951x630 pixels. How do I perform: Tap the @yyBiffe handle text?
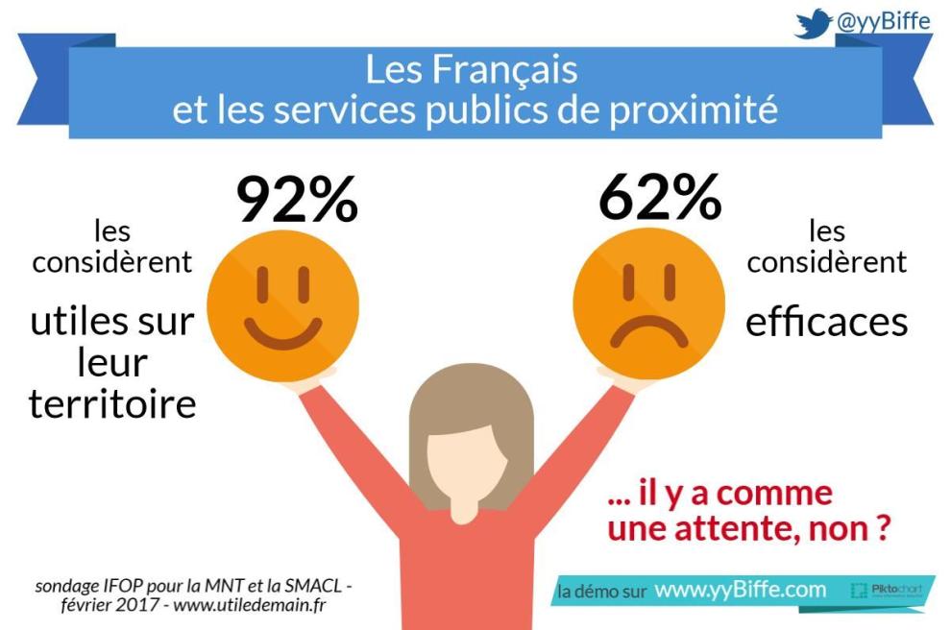tap(883, 21)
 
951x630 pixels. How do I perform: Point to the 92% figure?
tap(297, 200)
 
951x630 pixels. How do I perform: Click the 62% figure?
tap(659, 200)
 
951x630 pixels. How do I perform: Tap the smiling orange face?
tap(283, 305)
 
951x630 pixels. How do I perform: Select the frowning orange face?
tap(648, 305)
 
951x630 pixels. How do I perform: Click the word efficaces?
tap(827, 322)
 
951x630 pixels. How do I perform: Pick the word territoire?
tap(112, 404)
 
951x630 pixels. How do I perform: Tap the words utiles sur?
tap(112, 322)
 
